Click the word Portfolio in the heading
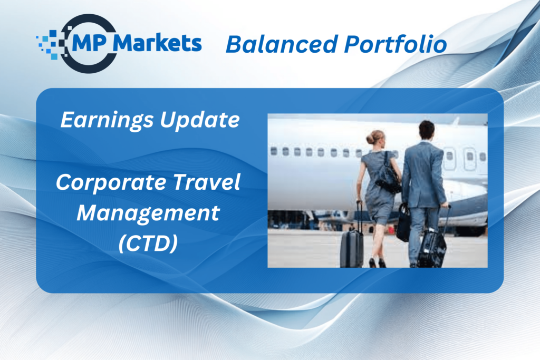pos(396,44)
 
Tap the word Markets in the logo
pos(157,43)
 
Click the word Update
pos(200,120)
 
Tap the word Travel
pos(206,182)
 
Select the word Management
pos(148,213)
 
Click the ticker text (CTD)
pos(148,243)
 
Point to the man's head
pos(426,130)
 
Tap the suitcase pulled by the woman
pos(352,248)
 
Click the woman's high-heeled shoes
pos(378,263)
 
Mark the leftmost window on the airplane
pos(274,151)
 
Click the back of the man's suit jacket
pos(423,174)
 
